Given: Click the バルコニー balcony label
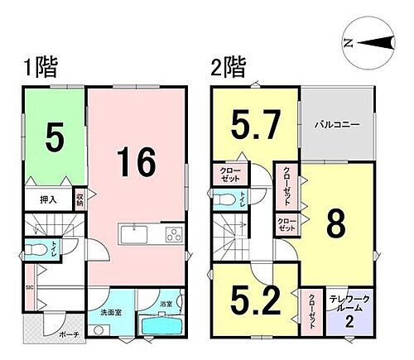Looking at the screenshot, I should [x=335, y=125].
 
